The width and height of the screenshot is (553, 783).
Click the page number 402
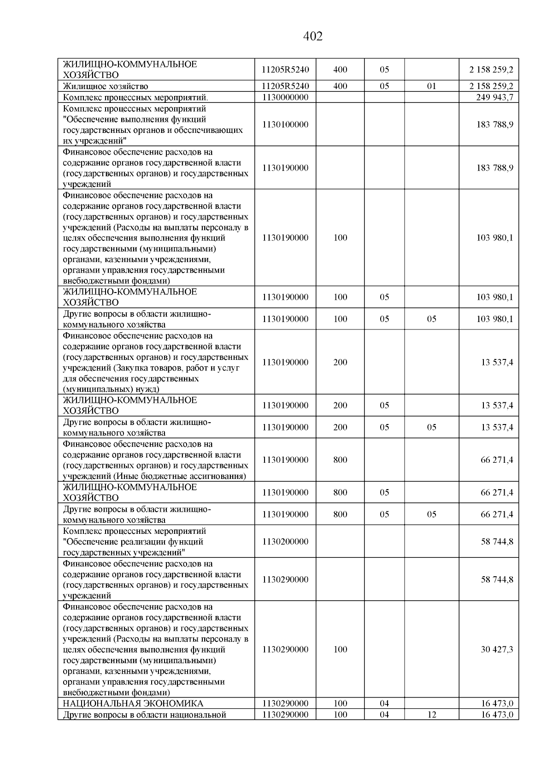tap(313, 36)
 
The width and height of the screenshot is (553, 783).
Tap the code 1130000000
tap(285, 97)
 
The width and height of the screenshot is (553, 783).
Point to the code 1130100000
tap(285, 125)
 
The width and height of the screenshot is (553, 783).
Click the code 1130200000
tap(285, 541)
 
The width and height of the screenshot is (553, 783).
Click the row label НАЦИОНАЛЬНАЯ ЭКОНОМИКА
tap(133, 704)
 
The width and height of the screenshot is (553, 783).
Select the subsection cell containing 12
tap(431, 715)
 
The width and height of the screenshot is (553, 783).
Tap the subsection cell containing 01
tap(431, 86)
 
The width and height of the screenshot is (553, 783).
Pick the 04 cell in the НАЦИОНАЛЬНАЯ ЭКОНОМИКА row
tap(384, 704)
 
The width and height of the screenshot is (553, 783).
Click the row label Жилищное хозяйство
tap(106, 86)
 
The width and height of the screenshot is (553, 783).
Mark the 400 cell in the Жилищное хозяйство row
tap(340, 86)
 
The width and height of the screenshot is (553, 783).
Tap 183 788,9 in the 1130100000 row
tap(494, 125)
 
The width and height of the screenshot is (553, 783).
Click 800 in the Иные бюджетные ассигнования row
tap(340, 460)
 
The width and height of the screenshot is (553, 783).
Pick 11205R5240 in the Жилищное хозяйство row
tap(285, 86)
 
